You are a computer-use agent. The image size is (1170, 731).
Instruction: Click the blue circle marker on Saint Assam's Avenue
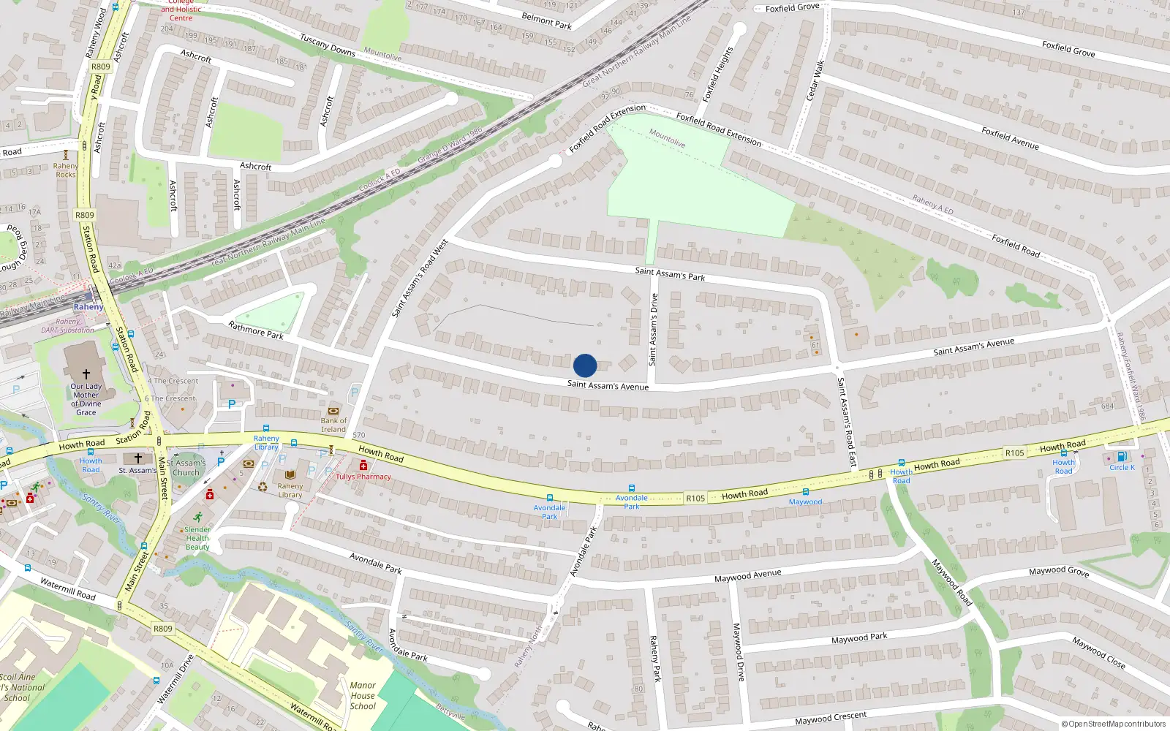585,365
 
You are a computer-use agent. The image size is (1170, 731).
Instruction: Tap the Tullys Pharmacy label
363,477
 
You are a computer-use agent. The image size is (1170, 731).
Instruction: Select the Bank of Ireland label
333,425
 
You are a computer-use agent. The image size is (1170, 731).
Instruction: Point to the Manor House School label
363,695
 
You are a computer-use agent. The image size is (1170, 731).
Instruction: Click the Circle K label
1122,467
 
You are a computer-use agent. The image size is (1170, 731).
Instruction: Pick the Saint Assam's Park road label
670,274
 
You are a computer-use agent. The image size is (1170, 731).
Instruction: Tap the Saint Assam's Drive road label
654,329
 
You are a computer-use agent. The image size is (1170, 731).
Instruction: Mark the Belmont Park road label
546,20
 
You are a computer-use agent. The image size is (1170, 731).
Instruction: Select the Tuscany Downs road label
328,45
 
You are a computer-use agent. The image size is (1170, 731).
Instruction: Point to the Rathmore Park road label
256,330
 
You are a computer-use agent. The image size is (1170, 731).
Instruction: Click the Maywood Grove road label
1059,571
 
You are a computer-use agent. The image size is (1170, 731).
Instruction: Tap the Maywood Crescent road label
831,719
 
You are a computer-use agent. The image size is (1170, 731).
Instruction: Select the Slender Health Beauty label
197,538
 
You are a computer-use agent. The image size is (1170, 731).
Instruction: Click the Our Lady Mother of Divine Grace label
86,399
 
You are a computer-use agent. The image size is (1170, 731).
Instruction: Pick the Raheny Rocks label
65,170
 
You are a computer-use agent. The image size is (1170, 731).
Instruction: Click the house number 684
1107,406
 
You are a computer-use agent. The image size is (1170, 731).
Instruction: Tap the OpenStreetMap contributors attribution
1113,724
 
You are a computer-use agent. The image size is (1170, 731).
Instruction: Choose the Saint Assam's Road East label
846,423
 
